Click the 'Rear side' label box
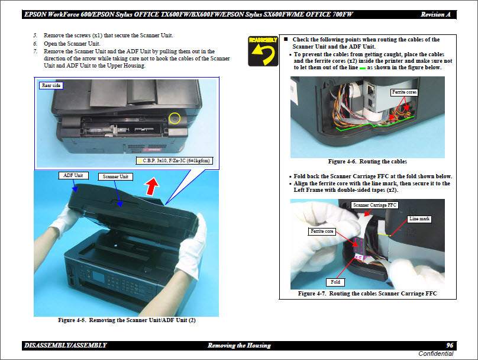coord(51,85)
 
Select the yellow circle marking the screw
coord(175,118)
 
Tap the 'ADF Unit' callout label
coord(73,175)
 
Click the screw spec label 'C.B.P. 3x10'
coord(173,160)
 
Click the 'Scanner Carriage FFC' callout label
coord(375,205)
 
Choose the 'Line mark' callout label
coord(419,219)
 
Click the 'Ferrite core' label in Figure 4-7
coord(322,231)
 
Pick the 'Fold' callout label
coord(335,282)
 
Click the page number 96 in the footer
coord(450,345)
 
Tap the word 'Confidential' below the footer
coord(435,354)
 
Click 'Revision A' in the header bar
coord(435,14)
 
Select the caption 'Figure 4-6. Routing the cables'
coord(367,162)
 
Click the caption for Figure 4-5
coord(127,320)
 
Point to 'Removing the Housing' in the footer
coord(239,345)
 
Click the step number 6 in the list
coord(35,44)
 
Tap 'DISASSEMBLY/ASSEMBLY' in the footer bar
coord(65,345)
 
